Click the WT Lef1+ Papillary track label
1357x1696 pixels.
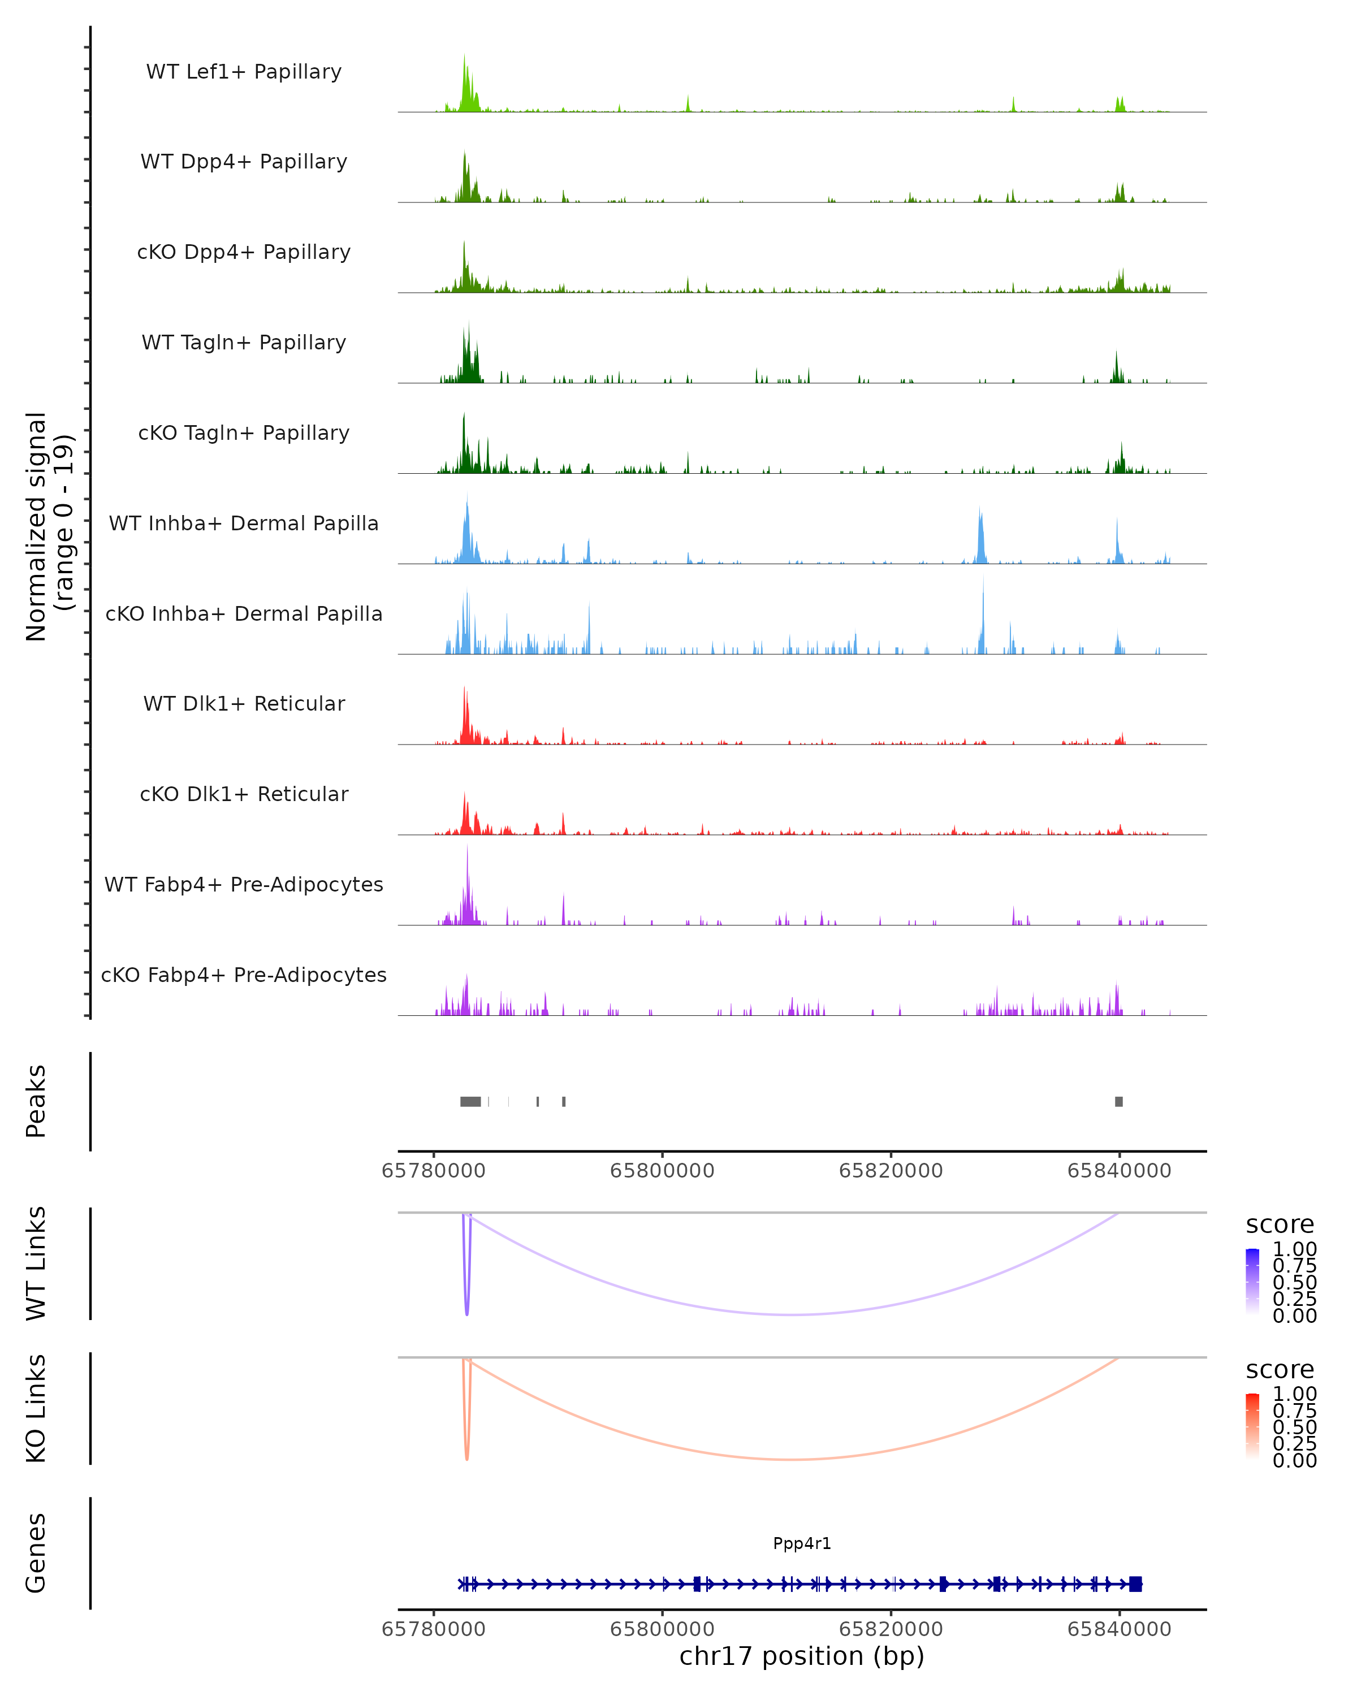244,72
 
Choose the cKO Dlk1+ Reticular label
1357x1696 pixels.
244,794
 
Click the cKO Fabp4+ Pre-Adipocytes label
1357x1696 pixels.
244,975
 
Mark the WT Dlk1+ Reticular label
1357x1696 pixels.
244,703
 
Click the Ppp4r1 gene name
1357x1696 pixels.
802,1543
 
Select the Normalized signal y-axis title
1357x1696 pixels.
49,526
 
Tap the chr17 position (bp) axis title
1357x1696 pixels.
802,1656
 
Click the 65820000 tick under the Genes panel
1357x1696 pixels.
891,1628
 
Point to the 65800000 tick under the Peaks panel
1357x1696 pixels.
662,1171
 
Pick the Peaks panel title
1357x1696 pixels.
36,1101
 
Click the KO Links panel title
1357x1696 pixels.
36,1409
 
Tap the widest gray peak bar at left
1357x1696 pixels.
470,1101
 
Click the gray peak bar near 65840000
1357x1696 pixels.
1118,1101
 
